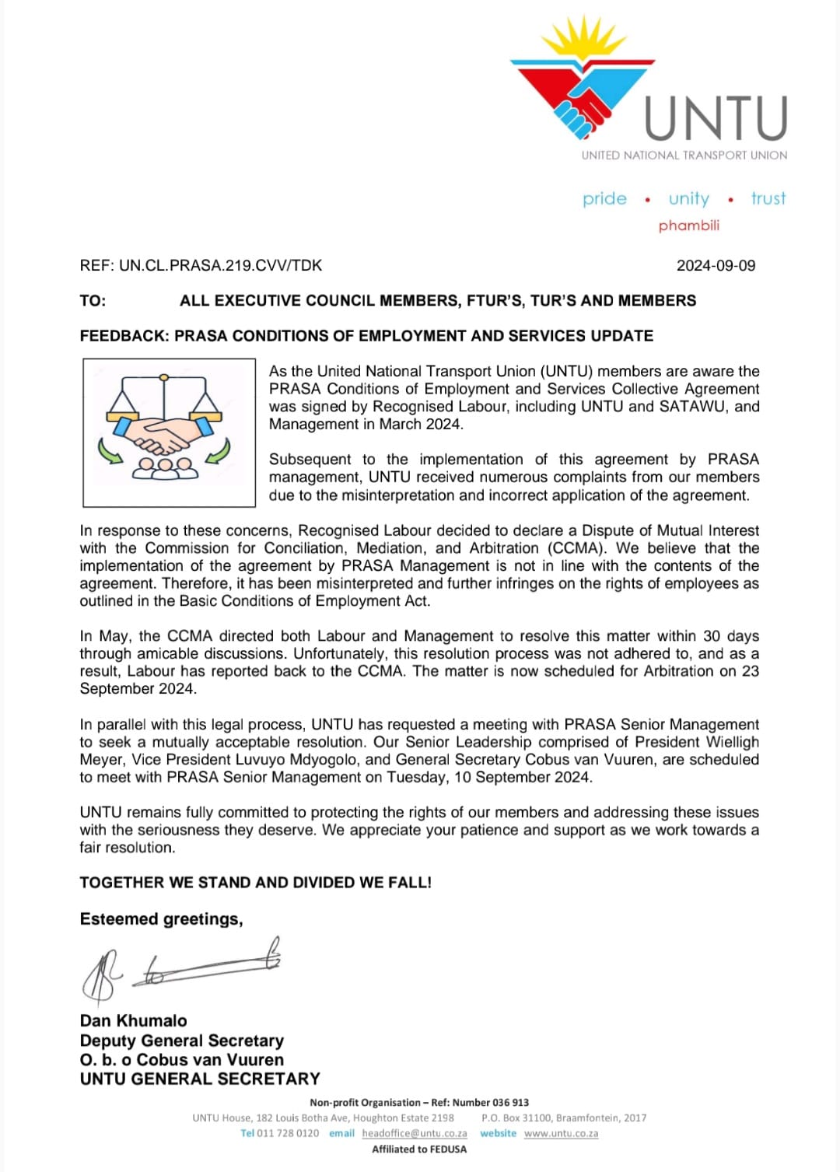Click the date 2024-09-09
[x=716, y=266]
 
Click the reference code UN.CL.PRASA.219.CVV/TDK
[x=220, y=266]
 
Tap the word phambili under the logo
[x=688, y=226]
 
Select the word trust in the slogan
[x=768, y=199]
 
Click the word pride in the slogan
[x=604, y=199]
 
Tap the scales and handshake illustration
[x=169, y=432]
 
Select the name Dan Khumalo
[x=133, y=1020]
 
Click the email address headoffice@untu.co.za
[x=415, y=1134]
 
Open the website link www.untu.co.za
[x=561, y=1134]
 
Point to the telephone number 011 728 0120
[x=288, y=1134]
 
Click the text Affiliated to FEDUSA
[x=419, y=1149]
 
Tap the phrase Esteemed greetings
[x=161, y=919]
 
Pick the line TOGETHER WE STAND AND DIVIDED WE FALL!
[x=255, y=883]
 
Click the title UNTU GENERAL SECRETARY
[x=200, y=1079]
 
